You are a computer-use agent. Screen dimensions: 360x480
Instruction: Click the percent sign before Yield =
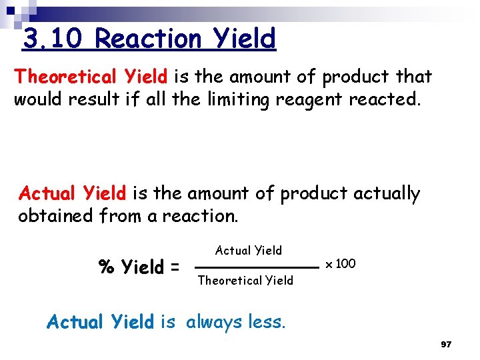pyautogui.click(x=106, y=267)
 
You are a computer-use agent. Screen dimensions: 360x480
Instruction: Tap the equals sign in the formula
pyautogui.click(x=174, y=268)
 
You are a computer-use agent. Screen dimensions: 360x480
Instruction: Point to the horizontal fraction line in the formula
pyautogui.click(x=258, y=267)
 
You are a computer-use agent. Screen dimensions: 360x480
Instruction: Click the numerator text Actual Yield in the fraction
pyautogui.click(x=248, y=251)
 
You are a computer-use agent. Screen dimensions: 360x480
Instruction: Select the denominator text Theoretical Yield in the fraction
pyautogui.click(x=245, y=281)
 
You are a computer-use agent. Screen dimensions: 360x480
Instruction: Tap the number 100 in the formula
pyautogui.click(x=345, y=264)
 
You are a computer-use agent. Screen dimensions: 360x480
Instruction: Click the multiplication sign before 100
pyautogui.click(x=328, y=265)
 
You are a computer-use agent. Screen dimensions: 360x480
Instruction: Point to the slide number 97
pyautogui.click(x=446, y=345)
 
